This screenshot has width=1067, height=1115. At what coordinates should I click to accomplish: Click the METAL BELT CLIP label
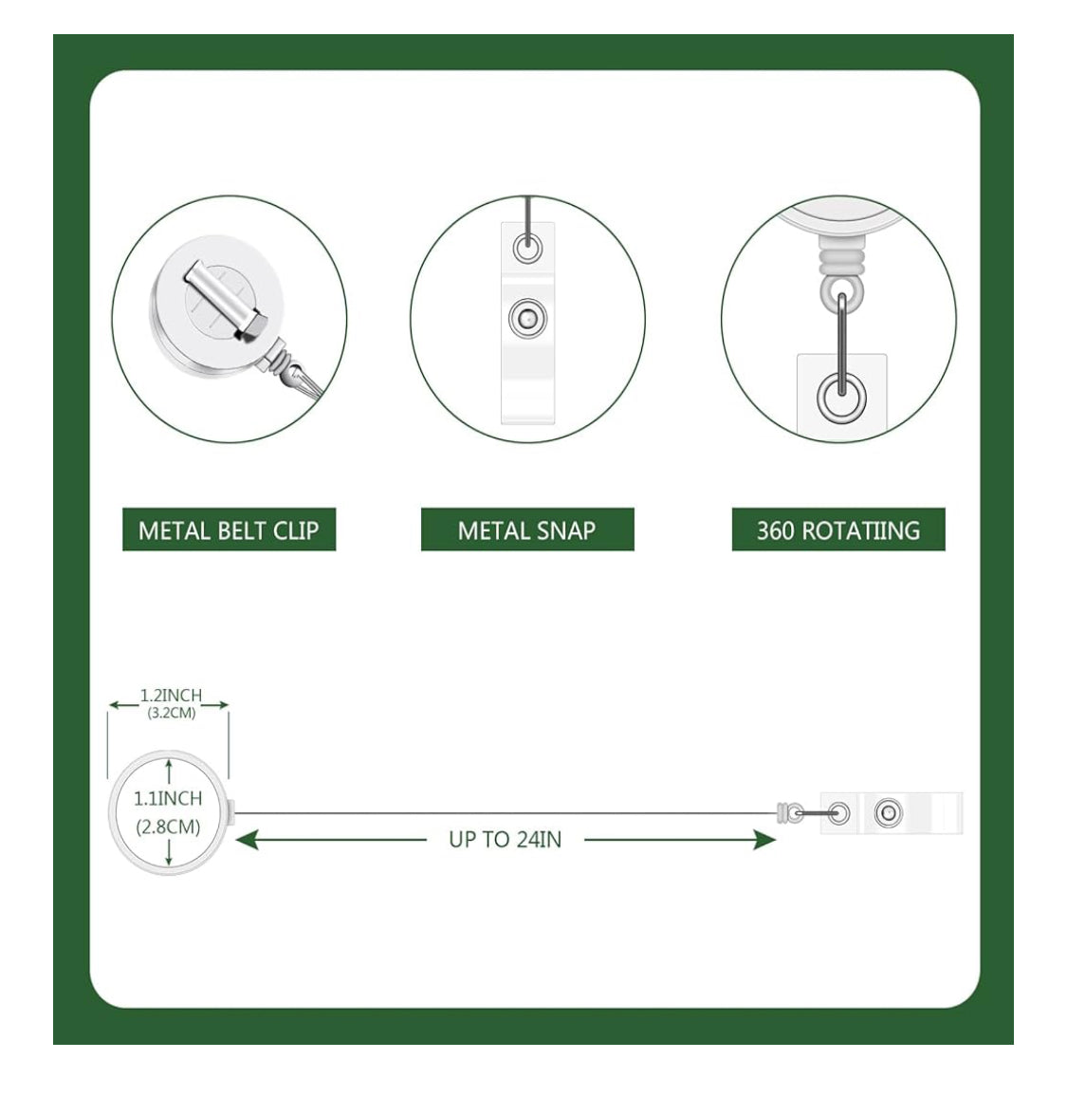point(229,530)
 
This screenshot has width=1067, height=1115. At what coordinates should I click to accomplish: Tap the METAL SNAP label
point(526,530)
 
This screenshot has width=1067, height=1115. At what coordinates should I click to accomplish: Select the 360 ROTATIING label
point(838,530)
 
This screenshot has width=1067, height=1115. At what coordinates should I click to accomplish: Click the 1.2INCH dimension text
point(172,695)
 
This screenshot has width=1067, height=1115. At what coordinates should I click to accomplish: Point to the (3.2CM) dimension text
point(172,713)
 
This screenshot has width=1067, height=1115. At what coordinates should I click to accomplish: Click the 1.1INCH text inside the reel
point(169,799)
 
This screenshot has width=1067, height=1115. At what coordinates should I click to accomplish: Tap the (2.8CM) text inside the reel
point(169,827)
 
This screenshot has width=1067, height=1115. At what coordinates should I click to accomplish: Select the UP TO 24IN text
point(506,840)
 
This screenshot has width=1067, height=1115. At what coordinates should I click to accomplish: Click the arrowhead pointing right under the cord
point(764,840)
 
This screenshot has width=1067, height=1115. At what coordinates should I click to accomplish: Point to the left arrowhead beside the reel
point(247,840)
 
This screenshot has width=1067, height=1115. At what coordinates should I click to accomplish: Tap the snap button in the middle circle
point(527,318)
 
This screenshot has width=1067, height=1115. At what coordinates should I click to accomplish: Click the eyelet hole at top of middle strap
point(527,250)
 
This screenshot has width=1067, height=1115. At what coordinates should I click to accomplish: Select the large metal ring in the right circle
point(841,399)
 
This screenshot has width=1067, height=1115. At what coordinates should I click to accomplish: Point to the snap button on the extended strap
point(889,813)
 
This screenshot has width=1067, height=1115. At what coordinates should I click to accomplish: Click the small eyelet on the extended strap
point(839,813)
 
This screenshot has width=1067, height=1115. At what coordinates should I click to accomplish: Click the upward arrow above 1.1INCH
point(169,772)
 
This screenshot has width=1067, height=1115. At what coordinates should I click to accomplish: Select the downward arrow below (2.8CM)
point(169,852)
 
